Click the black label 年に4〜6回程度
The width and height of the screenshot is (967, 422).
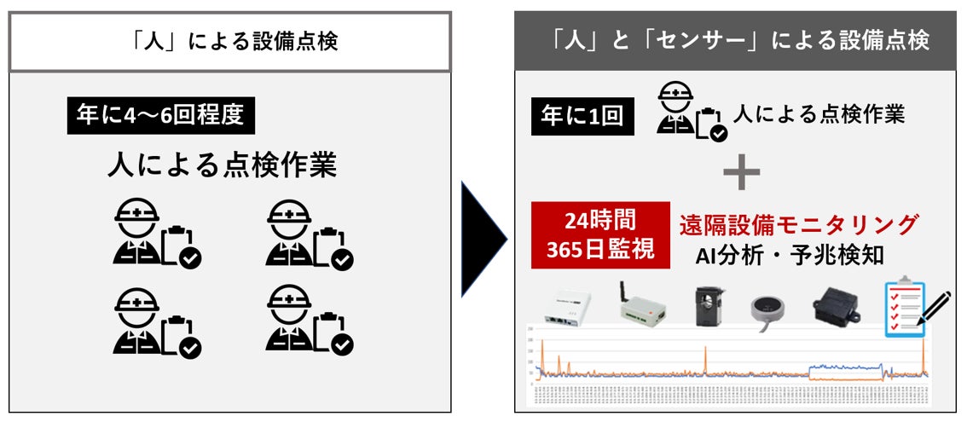(161, 116)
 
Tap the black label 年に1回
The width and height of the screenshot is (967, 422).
(582, 116)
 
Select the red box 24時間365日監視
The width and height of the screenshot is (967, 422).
(600, 234)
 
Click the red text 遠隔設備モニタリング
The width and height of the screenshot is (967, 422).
(799, 225)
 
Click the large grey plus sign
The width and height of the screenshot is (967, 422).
(741, 173)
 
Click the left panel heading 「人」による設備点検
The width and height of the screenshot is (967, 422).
(229, 42)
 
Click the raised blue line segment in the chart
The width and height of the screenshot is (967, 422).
(844, 367)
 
